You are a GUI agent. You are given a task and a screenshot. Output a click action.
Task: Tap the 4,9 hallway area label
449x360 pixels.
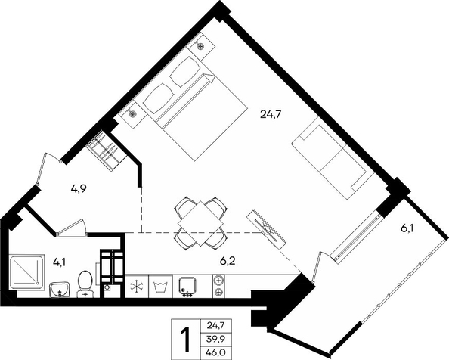79,188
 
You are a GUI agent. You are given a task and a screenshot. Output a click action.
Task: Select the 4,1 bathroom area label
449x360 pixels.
59,262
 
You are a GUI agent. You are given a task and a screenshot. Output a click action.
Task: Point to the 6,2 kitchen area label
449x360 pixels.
228,261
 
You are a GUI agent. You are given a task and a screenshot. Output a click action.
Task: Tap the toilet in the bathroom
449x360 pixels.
85,284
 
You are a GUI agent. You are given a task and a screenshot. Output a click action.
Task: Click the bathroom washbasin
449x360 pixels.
60,290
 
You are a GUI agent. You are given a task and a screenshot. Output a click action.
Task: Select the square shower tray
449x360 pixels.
27,272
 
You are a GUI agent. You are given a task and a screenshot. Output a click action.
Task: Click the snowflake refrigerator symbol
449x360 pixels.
137,287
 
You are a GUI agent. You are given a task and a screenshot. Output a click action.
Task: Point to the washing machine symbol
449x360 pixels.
160,287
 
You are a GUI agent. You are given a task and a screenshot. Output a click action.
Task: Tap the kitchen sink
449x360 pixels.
187,287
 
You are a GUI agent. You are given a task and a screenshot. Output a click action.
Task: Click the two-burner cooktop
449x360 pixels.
218,286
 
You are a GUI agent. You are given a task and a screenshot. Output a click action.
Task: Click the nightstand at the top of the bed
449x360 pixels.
201,46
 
